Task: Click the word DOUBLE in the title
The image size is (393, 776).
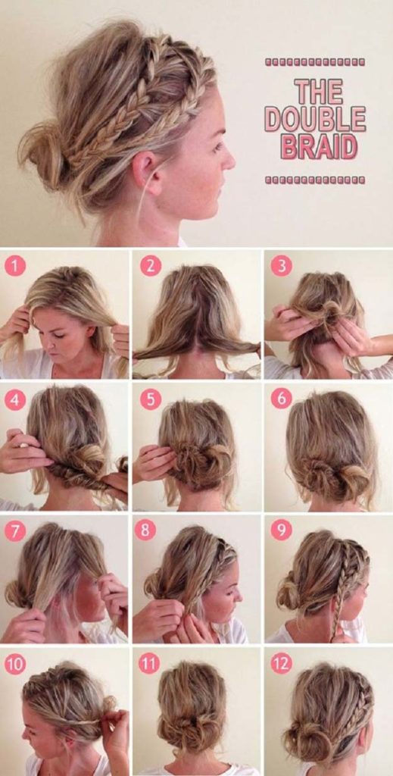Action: (x=314, y=119)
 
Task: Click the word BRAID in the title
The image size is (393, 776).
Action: (x=318, y=145)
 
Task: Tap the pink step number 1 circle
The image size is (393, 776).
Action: (x=15, y=265)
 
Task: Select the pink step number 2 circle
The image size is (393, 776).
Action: (x=150, y=265)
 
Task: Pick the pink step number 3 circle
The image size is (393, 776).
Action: (x=281, y=265)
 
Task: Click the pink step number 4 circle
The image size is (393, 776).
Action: (x=15, y=399)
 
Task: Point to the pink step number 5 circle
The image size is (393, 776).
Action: (x=150, y=399)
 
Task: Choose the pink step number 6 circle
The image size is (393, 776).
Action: (x=281, y=399)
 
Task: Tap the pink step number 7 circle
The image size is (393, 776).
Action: (x=15, y=530)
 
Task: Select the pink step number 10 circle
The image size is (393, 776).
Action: (x=15, y=664)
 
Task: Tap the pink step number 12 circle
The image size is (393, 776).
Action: (x=281, y=664)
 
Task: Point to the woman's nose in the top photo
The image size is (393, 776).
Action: (x=228, y=159)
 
